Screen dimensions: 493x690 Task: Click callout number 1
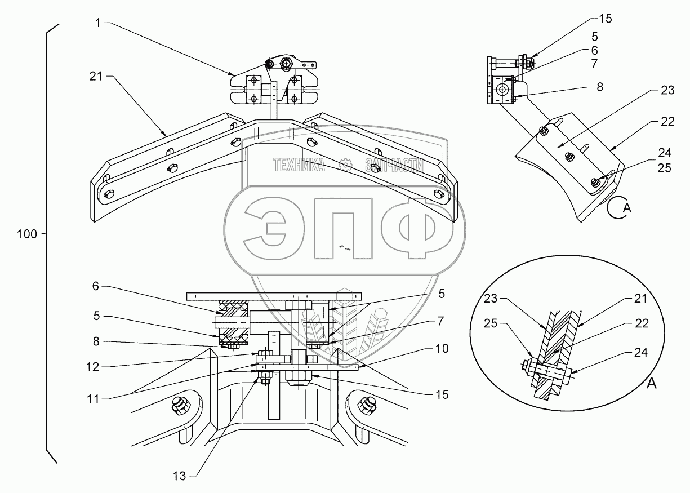pyautogui.click(x=98, y=23)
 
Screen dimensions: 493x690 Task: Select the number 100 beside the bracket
pyautogui.click(x=27, y=234)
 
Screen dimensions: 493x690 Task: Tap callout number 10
pyautogui.click(x=442, y=349)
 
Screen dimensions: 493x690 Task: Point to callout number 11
pyautogui.click(x=94, y=399)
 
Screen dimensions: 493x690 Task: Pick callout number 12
pyautogui.click(x=94, y=367)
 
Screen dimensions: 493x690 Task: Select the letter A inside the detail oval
pyautogui.click(x=652, y=384)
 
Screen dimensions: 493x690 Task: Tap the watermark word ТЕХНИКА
pyautogui.click(x=299, y=165)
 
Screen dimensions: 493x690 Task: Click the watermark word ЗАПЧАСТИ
pyautogui.click(x=394, y=165)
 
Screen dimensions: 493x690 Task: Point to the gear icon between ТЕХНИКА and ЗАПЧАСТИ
pyautogui.click(x=346, y=165)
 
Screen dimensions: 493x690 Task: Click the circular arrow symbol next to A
pyautogui.click(x=616, y=208)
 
